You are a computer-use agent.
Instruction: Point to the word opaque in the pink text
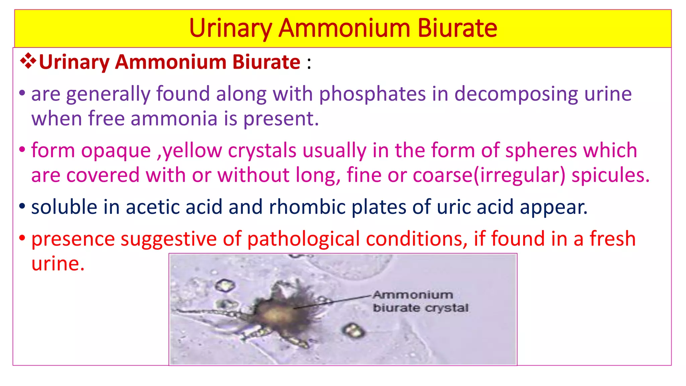pos(116,150)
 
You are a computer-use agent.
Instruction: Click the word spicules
pos(610,175)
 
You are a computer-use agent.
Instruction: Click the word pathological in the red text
pos(305,239)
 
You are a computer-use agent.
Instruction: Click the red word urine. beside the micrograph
pos(58,264)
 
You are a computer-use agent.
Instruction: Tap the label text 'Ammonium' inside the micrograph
pos(413,295)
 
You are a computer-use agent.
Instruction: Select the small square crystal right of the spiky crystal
pos(353,330)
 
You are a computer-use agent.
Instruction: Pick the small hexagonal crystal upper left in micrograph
pos(224,286)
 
